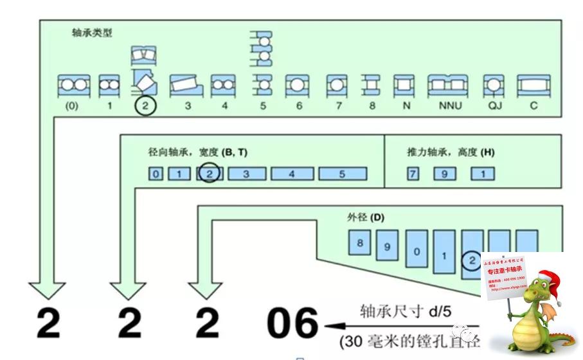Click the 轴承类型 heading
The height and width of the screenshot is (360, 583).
92,33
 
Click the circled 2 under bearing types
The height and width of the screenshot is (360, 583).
145,106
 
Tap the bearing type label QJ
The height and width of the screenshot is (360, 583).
494,106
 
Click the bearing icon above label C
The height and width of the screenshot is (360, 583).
534,85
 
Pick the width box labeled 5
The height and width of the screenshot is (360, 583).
342,174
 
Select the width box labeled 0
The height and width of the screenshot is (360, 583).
156,174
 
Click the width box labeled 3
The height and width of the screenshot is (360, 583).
246,174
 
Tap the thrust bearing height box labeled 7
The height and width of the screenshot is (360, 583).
415,174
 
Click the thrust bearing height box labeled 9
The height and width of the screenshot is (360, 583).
444,174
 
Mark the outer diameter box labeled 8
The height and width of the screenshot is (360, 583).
360,243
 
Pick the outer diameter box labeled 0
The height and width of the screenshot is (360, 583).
417,252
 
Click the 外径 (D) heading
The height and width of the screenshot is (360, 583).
365,217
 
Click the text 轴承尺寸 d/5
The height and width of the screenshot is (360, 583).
403,312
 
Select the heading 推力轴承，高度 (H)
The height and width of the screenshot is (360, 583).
451,153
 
